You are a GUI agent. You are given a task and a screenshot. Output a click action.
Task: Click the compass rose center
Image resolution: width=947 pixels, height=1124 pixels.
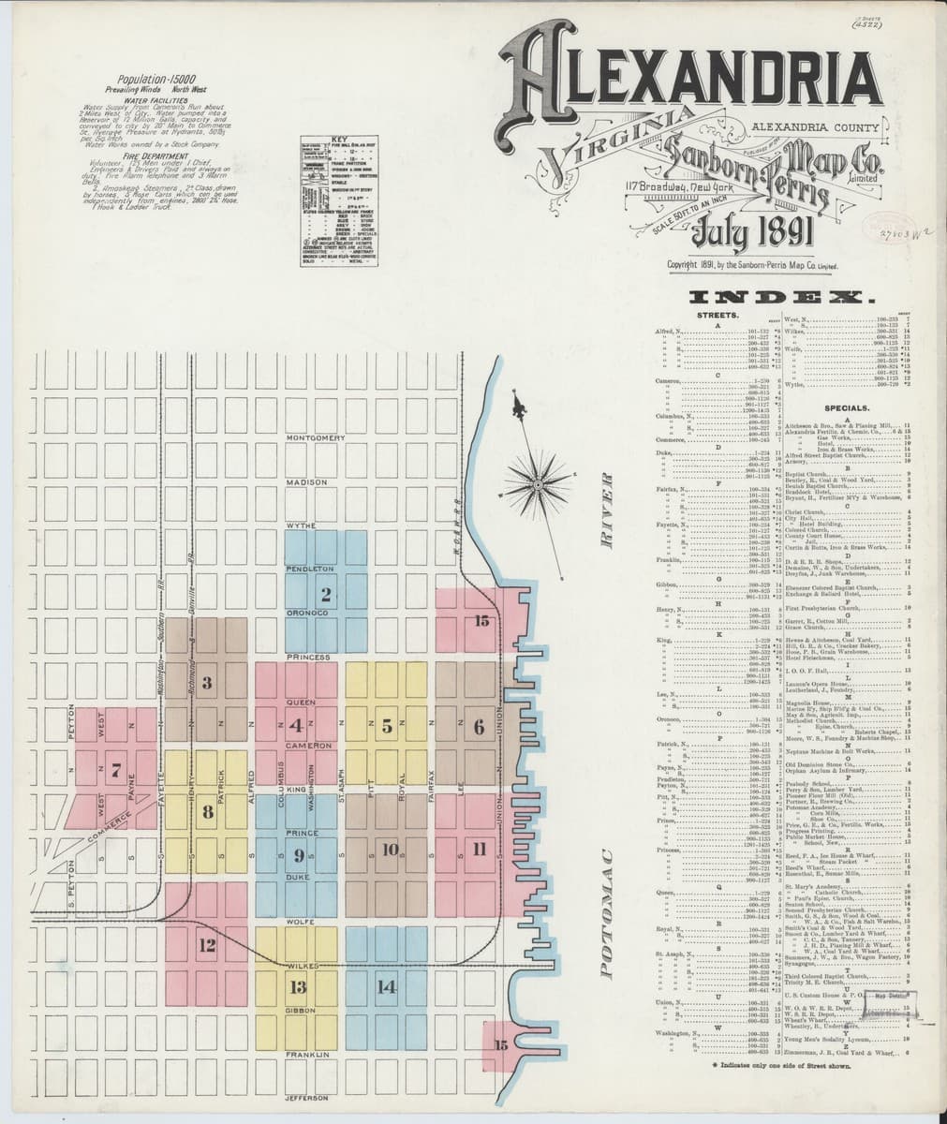pos(538,484)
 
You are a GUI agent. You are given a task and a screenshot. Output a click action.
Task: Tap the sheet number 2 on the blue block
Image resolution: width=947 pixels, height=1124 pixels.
pos(325,594)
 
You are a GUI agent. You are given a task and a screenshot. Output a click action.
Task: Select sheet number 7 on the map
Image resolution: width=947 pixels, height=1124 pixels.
pos(116,772)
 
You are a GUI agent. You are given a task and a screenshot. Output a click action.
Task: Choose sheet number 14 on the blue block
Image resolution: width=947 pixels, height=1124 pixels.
pos(386,985)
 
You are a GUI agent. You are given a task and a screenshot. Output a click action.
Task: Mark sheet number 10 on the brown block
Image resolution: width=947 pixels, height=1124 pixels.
pos(391,850)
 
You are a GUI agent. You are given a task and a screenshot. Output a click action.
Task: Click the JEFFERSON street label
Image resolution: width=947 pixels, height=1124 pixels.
pos(309,1097)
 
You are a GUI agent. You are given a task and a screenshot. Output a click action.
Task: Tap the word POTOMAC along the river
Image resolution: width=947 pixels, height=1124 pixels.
pos(605,912)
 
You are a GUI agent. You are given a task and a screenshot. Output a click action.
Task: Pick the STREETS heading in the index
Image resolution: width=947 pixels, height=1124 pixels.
pos(719,317)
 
